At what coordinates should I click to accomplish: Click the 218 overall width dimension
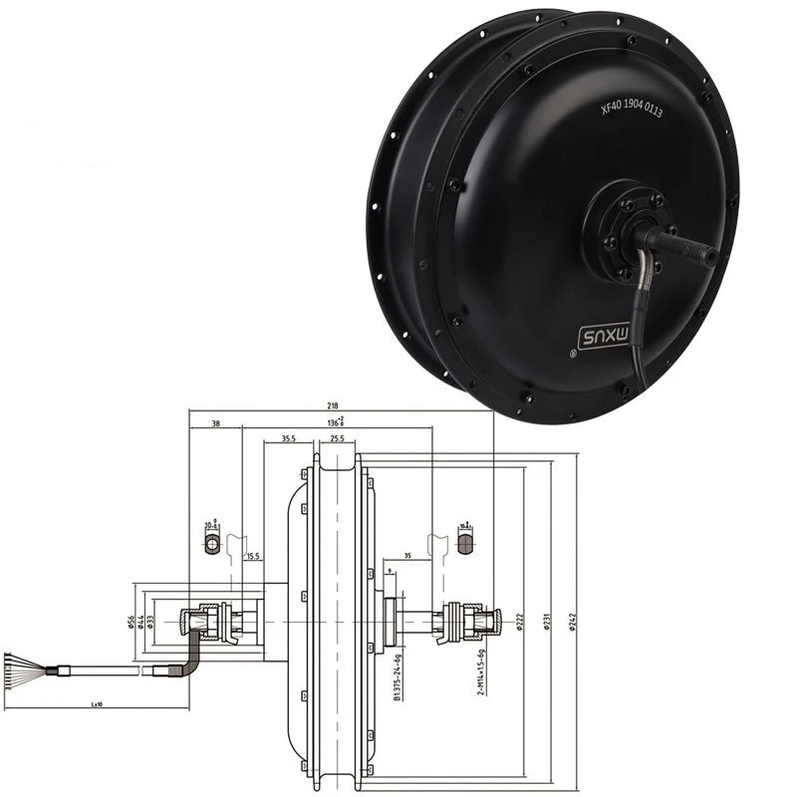(332, 405)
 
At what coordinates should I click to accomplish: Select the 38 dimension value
(216, 424)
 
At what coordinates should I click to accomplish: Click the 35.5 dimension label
(289, 438)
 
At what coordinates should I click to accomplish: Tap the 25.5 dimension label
(337, 438)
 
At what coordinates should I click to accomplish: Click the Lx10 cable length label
(97, 704)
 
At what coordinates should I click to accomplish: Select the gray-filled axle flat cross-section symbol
(464, 544)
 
